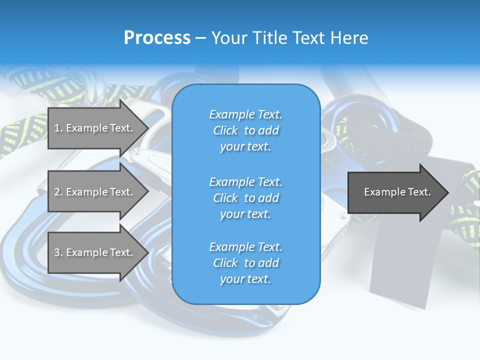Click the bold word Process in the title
[x=157, y=38]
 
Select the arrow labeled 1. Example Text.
[x=95, y=128]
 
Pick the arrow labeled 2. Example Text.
[x=95, y=192]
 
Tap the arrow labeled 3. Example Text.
[x=95, y=252]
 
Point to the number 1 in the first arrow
[x=57, y=128]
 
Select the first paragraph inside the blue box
[x=245, y=130]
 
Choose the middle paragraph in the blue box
[x=245, y=198]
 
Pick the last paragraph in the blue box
[x=245, y=263]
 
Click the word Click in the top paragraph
[x=225, y=130]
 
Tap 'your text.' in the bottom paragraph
[x=245, y=279]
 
